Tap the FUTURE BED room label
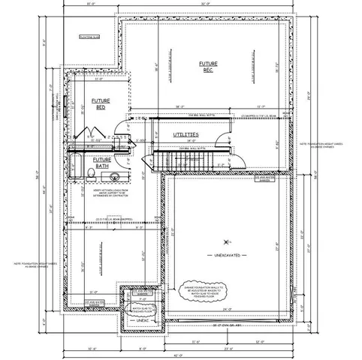(101, 103)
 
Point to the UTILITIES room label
(185, 134)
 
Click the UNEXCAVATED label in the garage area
(226, 256)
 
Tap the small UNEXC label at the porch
(143, 319)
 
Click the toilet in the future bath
(90, 175)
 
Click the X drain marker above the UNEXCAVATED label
(227, 241)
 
